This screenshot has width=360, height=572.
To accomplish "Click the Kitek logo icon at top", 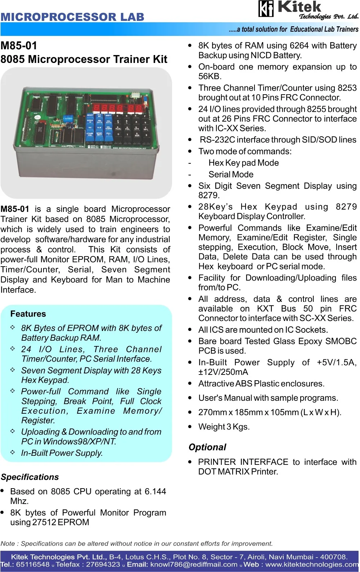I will (x=266, y=9).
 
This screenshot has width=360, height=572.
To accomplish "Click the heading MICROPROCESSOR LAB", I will (x=72, y=17).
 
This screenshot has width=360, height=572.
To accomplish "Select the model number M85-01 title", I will (x=19, y=46).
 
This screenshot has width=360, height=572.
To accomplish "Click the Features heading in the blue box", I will (x=28, y=314).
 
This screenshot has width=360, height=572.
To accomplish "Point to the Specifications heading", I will (x=30, y=477).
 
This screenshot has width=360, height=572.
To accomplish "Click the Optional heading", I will (x=207, y=447).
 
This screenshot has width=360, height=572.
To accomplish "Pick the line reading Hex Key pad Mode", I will (x=243, y=163).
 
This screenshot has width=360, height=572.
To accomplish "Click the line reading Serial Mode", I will (x=231, y=174).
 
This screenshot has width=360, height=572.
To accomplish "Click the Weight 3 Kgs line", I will (x=224, y=427).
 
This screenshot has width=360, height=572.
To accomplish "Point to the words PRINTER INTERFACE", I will (x=243, y=462).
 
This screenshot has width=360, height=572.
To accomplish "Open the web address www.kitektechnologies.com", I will (x=312, y=564).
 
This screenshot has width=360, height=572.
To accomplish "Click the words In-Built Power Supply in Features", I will (x=62, y=453).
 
